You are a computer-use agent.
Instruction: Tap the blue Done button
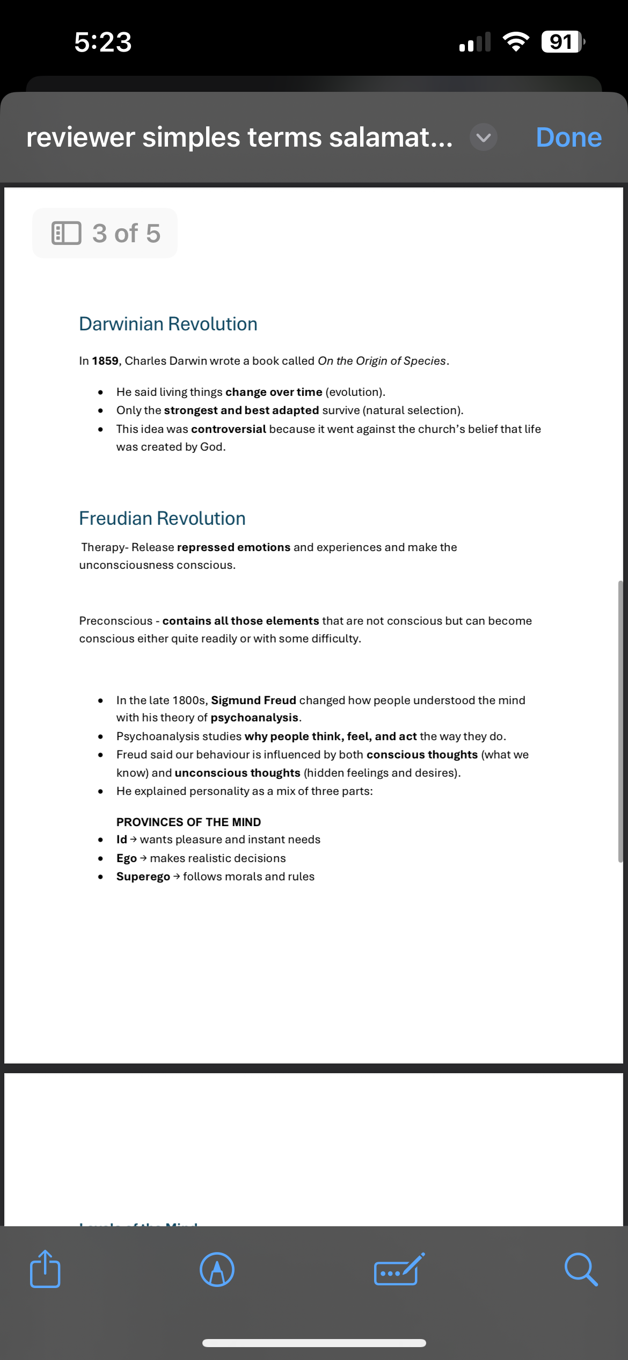tap(568, 138)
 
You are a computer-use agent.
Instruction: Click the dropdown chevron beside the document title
tap(483, 138)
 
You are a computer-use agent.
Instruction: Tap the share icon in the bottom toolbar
tap(45, 1269)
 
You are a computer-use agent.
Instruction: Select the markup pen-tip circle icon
tap(217, 1270)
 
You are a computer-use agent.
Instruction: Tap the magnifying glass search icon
tap(581, 1270)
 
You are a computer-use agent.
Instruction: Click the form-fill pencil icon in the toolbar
tap(398, 1270)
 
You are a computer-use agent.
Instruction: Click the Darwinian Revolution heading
tap(168, 324)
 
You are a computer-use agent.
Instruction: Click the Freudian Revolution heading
tap(162, 518)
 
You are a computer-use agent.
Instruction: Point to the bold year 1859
tap(105, 361)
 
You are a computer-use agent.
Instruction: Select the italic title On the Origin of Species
tap(382, 361)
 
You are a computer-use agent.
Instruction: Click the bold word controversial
tap(229, 429)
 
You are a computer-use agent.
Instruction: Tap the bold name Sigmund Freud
tap(253, 700)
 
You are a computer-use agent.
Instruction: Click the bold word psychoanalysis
tap(254, 718)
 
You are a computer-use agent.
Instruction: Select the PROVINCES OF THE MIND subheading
tap(188, 822)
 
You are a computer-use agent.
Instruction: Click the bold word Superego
tap(143, 877)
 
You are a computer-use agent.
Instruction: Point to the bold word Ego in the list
tap(127, 858)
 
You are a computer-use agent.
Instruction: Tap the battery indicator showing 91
tap(562, 42)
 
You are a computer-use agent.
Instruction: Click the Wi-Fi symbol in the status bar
tap(516, 42)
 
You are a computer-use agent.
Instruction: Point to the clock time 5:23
tap(103, 42)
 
